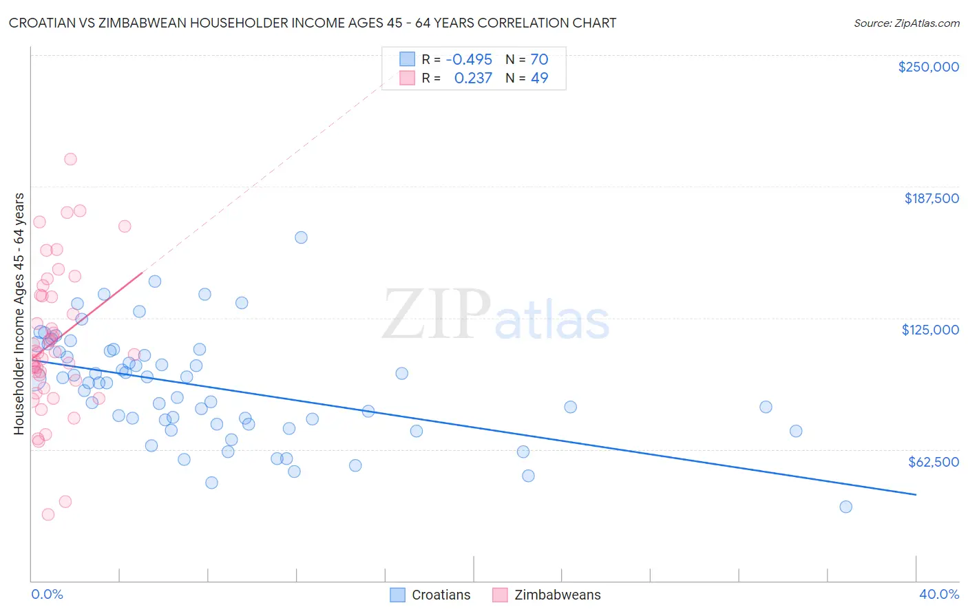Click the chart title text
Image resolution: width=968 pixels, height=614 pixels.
pyautogui.click(x=313, y=23)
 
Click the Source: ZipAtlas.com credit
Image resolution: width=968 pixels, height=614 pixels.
pyautogui.click(x=906, y=23)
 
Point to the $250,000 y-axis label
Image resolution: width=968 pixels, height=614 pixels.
pyautogui.click(x=928, y=67)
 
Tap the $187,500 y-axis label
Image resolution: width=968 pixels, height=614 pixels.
pyautogui.click(x=931, y=198)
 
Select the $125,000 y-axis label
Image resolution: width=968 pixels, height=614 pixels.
pyautogui.click(x=930, y=330)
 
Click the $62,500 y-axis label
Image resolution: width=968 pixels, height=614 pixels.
pyautogui.click(x=933, y=462)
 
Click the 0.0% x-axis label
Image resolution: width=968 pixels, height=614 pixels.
pyautogui.click(x=47, y=594)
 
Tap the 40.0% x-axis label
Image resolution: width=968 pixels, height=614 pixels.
pyautogui.click(x=938, y=594)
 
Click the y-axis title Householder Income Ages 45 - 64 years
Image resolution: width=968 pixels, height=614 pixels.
pyautogui.click(x=19, y=314)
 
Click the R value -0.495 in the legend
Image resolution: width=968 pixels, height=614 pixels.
pyautogui.click(x=469, y=59)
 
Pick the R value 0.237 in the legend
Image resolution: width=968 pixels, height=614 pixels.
pyautogui.click(x=473, y=78)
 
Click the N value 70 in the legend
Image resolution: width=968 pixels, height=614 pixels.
pyautogui.click(x=539, y=59)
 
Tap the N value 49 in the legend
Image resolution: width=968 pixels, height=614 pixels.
pyautogui.click(x=539, y=78)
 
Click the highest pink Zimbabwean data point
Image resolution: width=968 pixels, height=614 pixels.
pyautogui.click(x=70, y=159)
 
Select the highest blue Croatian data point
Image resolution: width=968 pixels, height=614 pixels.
pyautogui.click(x=301, y=237)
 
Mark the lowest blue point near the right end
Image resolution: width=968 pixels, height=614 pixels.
pyautogui.click(x=845, y=507)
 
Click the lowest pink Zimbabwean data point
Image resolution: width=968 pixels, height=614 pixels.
pyautogui.click(x=48, y=514)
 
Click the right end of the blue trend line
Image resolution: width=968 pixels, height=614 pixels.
pyautogui.click(x=916, y=494)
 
